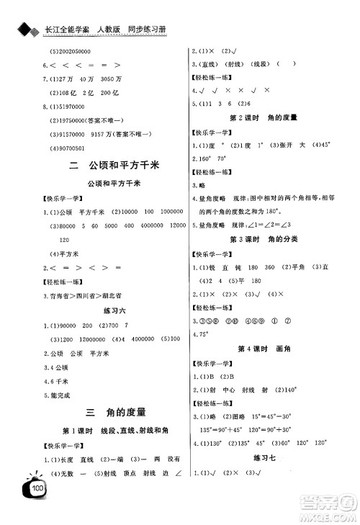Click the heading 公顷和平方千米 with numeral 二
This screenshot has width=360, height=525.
point(114,165)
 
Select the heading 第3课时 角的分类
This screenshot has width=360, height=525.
point(257,237)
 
